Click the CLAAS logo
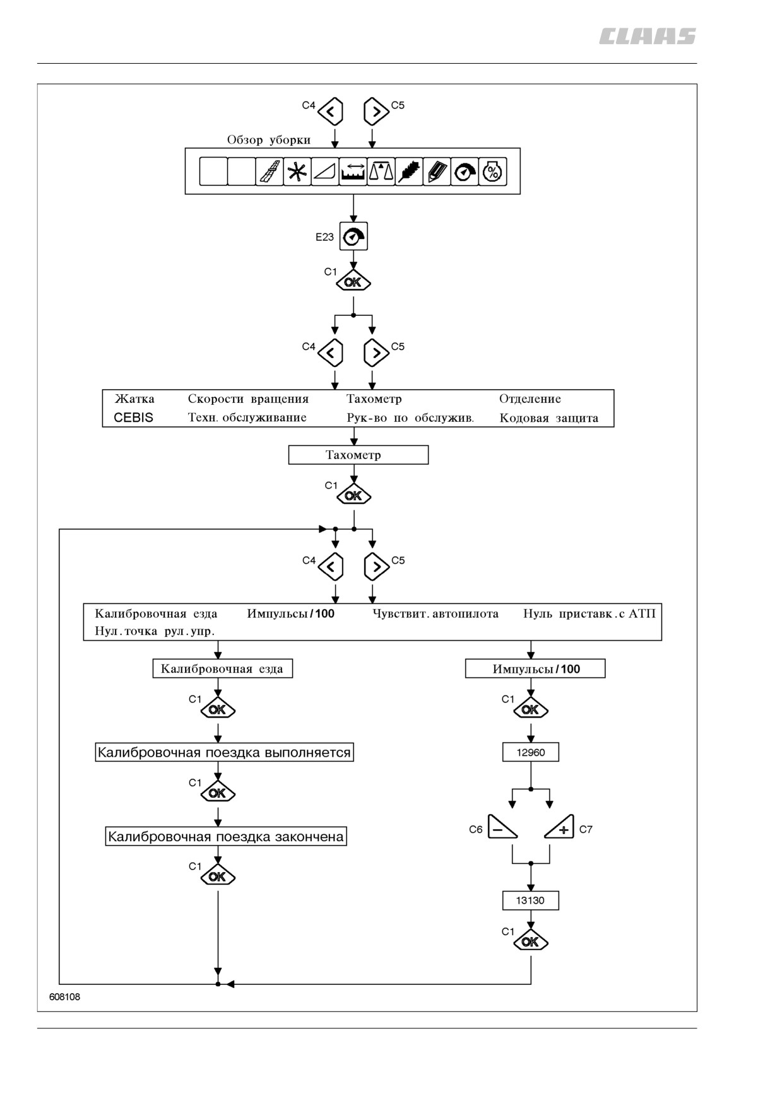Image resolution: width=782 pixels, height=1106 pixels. [647, 37]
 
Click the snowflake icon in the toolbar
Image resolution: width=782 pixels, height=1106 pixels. [297, 172]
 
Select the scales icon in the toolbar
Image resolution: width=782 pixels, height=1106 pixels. [381, 172]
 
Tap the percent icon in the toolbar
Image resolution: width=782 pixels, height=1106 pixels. [492, 172]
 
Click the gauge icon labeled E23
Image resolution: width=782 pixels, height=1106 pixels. [353, 236]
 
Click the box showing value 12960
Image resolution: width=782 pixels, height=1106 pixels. [531, 752]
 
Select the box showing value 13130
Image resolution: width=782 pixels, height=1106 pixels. [531, 900]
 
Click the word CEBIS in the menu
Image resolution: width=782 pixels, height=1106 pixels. [133, 417]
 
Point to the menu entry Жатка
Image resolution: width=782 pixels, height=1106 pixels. [134, 399]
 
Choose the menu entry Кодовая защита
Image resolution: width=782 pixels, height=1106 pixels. [548, 418]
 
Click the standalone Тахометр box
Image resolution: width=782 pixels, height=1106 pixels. [358, 455]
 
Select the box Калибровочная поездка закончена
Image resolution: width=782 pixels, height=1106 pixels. [226, 837]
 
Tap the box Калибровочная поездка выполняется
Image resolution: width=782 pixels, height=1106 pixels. [224, 752]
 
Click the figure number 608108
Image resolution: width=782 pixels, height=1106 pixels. [65, 997]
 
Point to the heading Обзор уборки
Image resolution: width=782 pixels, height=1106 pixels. [269, 140]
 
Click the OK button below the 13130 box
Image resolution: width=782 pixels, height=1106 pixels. [531, 941]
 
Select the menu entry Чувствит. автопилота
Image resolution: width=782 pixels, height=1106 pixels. [435, 614]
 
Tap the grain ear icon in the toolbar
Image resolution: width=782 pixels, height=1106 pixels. [408, 172]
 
